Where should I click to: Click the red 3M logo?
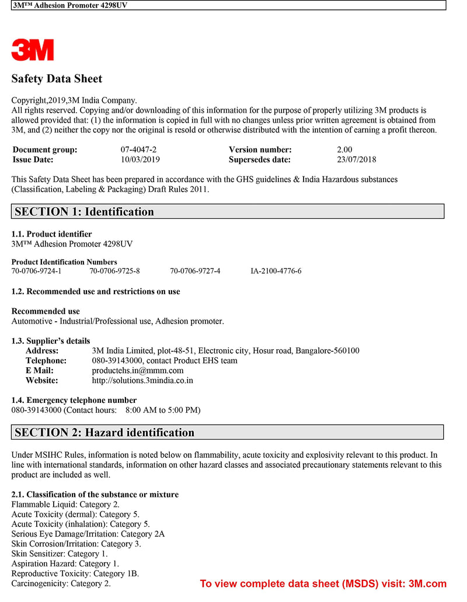coord(33,50)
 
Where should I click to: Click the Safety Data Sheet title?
coord(57,79)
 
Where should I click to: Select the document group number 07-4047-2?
coord(138,149)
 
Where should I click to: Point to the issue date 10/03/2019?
coord(140,159)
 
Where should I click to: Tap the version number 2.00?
coord(344,149)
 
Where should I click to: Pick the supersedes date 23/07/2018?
coord(356,159)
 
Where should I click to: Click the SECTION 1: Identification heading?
coord(85,211)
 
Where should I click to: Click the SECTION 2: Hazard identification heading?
coord(104,432)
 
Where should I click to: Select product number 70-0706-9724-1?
coord(36,271)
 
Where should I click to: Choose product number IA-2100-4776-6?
coord(276,271)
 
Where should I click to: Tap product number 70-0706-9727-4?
coord(195,271)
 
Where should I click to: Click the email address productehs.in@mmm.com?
coord(138,370)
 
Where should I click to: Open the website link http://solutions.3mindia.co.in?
coord(142,380)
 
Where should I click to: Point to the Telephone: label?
coord(46,360)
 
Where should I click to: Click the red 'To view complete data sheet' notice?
coord(323,583)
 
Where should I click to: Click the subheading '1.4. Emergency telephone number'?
coord(74,400)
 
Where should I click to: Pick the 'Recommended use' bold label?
coord(46,311)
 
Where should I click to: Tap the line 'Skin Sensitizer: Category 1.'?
coord(60,554)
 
